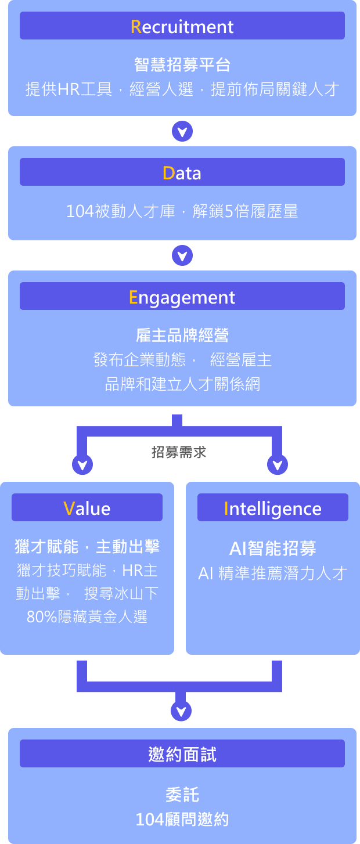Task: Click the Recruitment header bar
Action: [182, 26]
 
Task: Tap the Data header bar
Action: [182, 172]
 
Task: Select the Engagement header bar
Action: [182, 297]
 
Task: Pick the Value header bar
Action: [87, 508]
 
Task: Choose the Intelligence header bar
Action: [272, 508]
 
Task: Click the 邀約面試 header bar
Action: [182, 753]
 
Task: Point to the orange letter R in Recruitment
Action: [136, 27]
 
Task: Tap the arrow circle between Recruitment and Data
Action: [182, 131]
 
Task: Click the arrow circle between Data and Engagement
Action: [182, 255]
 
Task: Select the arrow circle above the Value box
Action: [82, 464]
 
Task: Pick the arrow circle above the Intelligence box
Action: [277, 464]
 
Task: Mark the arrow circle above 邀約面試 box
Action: [182, 710]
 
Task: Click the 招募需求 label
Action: [179, 452]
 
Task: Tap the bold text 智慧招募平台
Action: [182, 64]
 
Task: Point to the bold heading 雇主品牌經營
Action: [182, 335]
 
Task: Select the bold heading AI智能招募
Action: [272, 548]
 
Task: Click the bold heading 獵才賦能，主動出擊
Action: [87, 546]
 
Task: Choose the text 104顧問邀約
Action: [182, 819]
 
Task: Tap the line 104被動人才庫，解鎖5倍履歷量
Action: [182, 211]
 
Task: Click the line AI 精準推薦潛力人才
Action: [272, 574]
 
